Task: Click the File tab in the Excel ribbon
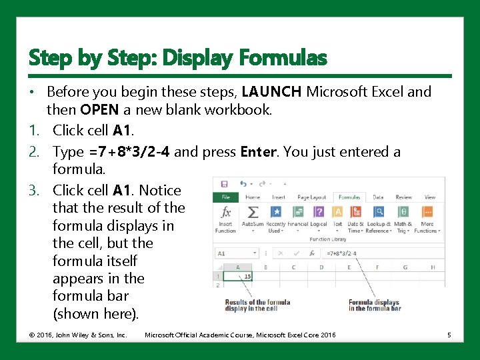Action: click(x=225, y=197)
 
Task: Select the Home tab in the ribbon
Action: click(x=253, y=197)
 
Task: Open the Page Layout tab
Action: click(x=311, y=197)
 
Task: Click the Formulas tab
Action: click(x=349, y=197)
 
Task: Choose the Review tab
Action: click(x=404, y=197)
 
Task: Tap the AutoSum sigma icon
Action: click(x=253, y=212)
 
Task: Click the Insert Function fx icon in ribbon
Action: click(x=225, y=212)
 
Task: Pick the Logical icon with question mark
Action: click(x=319, y=212)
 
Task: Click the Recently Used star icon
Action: click(x=275, y=212)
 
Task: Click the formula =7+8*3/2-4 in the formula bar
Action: click(x=342, y=253)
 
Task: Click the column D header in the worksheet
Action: click(x=321, y=267)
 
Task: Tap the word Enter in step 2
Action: click(x=258, y=152)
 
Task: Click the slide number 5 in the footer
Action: click(x=449, y=335)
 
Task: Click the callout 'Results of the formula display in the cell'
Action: click(x=257, y=305)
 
